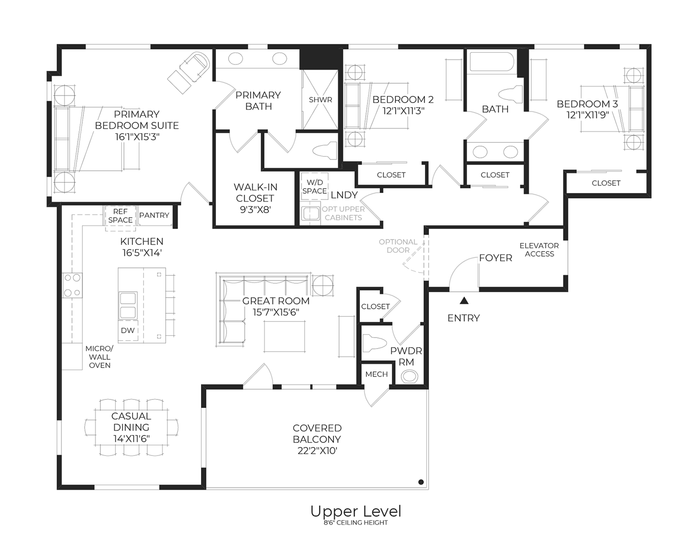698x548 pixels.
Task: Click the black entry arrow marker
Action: [x=463, y=301]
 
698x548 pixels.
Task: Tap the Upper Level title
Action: [x=355, y=511]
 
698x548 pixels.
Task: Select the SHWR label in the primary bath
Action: [x=320, y=99]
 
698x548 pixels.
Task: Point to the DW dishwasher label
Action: [x=128, y=330]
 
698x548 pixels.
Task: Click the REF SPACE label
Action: [x=120, y=216]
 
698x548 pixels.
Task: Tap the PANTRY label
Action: [x=154, y=215]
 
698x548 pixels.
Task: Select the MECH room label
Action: [x=376, y=374]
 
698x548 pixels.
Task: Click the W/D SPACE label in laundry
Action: [x=314, y=186]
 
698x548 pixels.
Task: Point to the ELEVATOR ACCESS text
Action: [x=539, y=249]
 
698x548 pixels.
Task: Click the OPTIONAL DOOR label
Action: [x=398, y=246]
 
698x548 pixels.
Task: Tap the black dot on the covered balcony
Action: [x=421, y=482]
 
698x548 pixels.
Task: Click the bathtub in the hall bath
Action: [x=491, y=62]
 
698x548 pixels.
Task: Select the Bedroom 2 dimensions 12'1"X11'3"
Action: [x=403, y=111]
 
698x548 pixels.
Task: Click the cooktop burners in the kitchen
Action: [x=72, y=285]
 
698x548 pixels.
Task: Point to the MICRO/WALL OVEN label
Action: [x=99, y=357]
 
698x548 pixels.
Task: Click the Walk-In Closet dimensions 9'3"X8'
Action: [x=255, y=209]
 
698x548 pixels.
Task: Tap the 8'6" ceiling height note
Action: [x=355, y=523]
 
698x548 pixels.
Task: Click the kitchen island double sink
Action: [x=128, y=304]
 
